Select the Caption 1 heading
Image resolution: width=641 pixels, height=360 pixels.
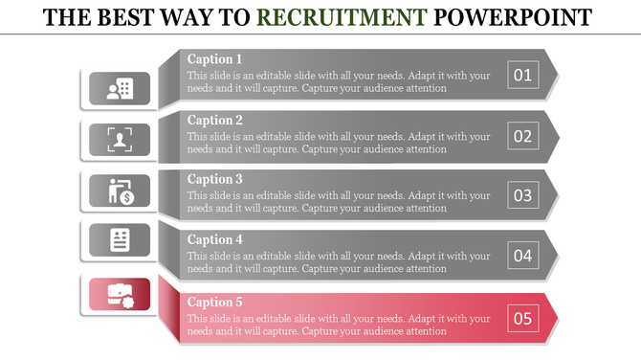coord(214,59)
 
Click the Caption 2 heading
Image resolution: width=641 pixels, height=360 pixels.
coord(214,120)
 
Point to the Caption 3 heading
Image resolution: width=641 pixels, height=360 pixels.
coord(214,179)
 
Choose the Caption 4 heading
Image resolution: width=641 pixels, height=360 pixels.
coord(214,239)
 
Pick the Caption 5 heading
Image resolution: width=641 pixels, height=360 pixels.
coord(214,303)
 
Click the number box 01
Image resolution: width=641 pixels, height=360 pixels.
coord(522,75)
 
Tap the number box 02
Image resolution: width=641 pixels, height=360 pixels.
coord(522,135)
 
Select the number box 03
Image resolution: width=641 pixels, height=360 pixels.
coord(522,195)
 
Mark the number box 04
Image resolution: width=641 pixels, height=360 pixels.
coord(522,256)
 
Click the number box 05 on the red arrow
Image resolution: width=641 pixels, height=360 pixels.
coord(522,318)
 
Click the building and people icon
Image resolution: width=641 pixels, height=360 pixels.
coord(120,89)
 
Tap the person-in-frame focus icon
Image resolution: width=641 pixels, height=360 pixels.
coord(120,140)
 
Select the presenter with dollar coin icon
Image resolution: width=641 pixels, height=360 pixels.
coord(120,191)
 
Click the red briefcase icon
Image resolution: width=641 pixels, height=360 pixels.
coord(120,294)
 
